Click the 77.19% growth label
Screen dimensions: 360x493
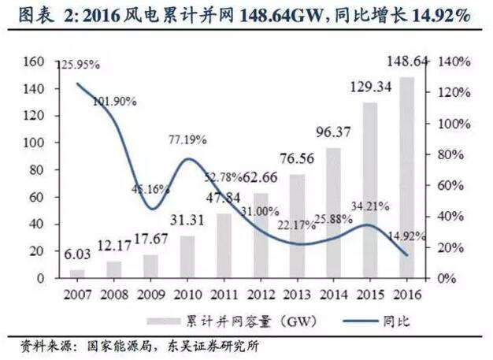187,140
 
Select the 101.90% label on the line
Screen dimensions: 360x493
114,101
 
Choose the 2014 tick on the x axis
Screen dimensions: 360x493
332,293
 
